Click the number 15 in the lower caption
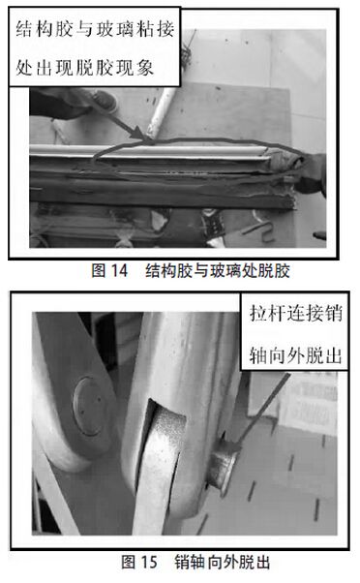(149, 562)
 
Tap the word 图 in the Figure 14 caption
(99, 270)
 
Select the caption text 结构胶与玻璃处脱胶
(218, 270)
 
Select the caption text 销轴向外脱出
(223, 562)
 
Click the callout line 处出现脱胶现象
(85, 68)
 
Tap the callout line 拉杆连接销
(295, 313)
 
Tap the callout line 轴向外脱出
(295, 355)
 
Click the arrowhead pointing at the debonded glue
(144, 135)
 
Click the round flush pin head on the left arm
(88, 406)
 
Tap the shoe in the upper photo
(105, 100)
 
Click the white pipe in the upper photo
(161, 111)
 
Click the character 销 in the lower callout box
(333, 313)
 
